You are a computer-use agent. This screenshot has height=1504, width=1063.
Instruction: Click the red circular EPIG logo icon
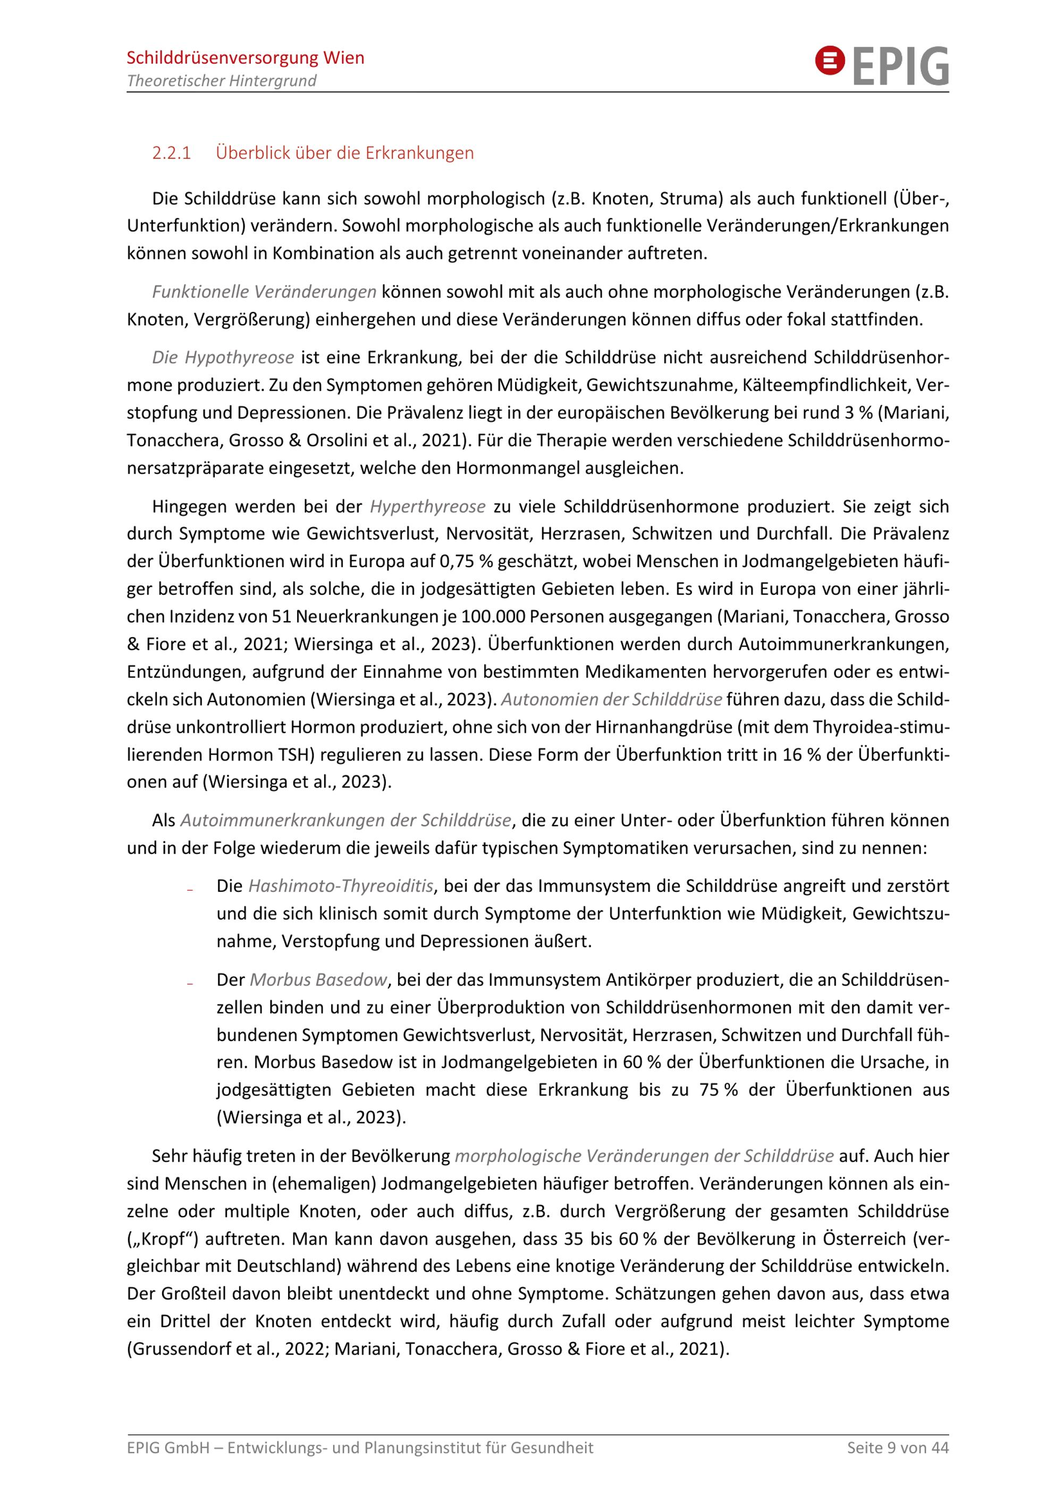[x=829, y=62]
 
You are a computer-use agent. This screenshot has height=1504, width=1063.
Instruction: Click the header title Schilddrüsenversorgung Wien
[x=245, y=57]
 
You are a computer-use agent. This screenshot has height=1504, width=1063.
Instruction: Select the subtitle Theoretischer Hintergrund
[x=222, y=81]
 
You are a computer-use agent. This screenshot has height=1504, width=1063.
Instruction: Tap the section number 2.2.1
[x=171, y=153]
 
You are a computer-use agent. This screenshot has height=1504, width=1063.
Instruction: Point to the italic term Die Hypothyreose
[x=223, y=358]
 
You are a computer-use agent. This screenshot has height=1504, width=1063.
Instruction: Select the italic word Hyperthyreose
[x=428, y=506]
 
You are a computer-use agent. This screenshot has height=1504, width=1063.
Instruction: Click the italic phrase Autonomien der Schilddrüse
[x=611, y=699]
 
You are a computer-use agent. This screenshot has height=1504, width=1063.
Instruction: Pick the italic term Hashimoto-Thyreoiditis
[x=341, y=886]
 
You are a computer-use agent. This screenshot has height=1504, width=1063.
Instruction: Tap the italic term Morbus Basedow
[x=318, y=980]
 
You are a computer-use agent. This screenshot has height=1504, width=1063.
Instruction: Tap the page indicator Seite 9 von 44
[x=897, y=1448]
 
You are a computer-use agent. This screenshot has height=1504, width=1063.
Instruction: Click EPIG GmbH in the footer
[x=167, y=1448]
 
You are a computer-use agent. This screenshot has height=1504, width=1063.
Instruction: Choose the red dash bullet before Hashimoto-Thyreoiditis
[x=190, y=890]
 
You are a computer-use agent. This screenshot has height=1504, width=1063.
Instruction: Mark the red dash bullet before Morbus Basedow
[x=190, y=983]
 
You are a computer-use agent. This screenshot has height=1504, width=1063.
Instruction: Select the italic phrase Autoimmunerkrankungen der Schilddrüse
[x=345, y=820]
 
